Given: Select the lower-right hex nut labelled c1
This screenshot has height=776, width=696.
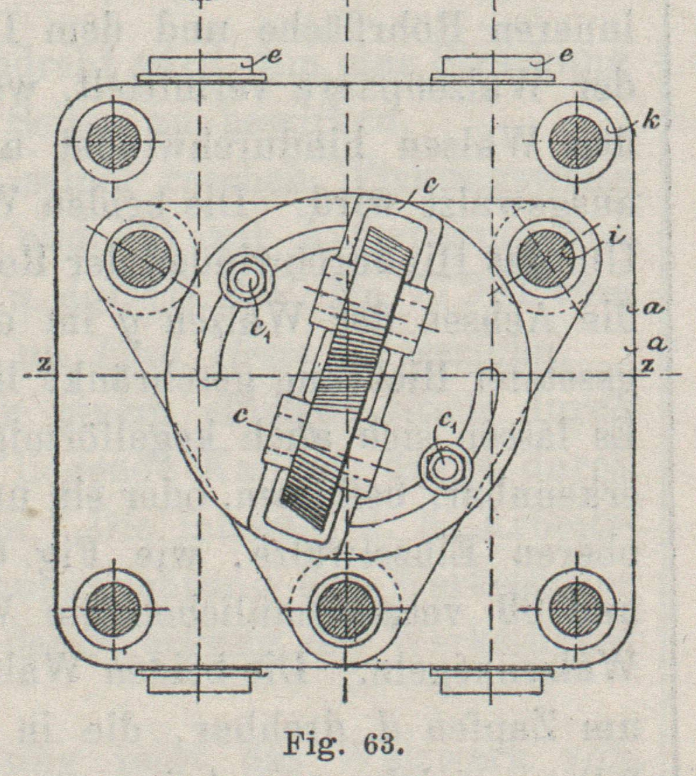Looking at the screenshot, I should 445,466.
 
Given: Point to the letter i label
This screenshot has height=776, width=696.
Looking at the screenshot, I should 613,237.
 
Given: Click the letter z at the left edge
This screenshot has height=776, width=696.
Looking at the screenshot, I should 43,364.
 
